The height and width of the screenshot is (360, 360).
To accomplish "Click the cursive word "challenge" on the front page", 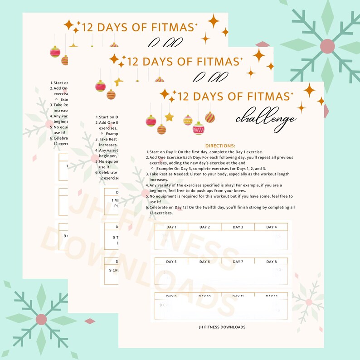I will click(x=266, y=118).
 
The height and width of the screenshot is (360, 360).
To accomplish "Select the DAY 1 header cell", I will click(x=171, y=227).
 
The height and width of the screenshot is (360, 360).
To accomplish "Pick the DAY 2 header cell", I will click(x=204, y=227).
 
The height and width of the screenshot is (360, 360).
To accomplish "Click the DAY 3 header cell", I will click(x=238, y=227).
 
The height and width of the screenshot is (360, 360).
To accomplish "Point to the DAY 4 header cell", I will click(x=271, y=227).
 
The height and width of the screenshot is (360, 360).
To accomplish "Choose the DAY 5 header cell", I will click(x=171, y=262).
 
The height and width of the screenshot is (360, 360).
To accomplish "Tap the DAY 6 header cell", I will click(x=204, y=262).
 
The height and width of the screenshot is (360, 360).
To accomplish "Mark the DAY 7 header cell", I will click(x=238, y=262).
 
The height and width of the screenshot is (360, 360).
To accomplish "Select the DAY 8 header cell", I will click(x=271, y=262).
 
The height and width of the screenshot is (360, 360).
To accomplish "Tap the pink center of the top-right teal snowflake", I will click(x=327, y=46).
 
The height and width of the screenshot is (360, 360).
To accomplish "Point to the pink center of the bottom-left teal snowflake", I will click(x=41, y=319).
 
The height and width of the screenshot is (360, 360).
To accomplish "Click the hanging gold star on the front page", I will click(x=169, y=117).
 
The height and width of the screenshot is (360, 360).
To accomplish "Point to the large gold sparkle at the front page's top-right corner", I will click(x=309, y=89).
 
